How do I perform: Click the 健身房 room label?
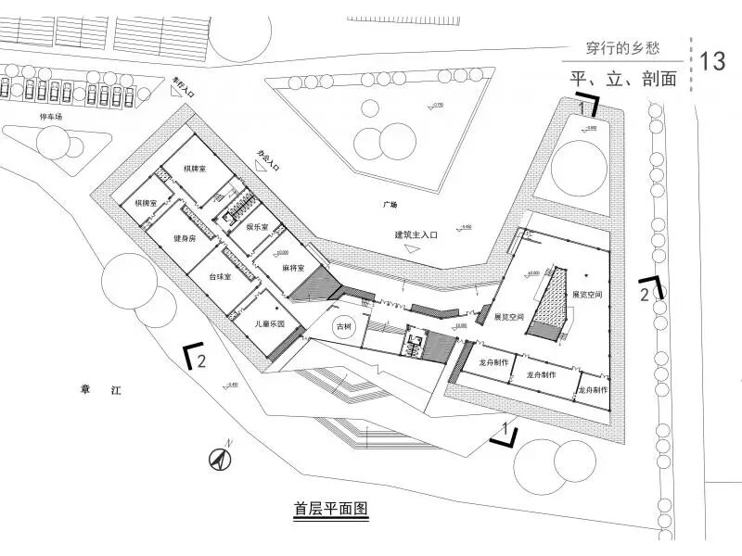tap(185, 239)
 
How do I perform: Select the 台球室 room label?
tap(220, 277)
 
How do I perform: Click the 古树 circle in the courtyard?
tap(344, 326)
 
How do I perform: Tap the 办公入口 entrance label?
tap(268, 161)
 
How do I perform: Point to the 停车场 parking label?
tap(50, 118)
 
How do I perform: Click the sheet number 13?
tap(713, 61)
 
